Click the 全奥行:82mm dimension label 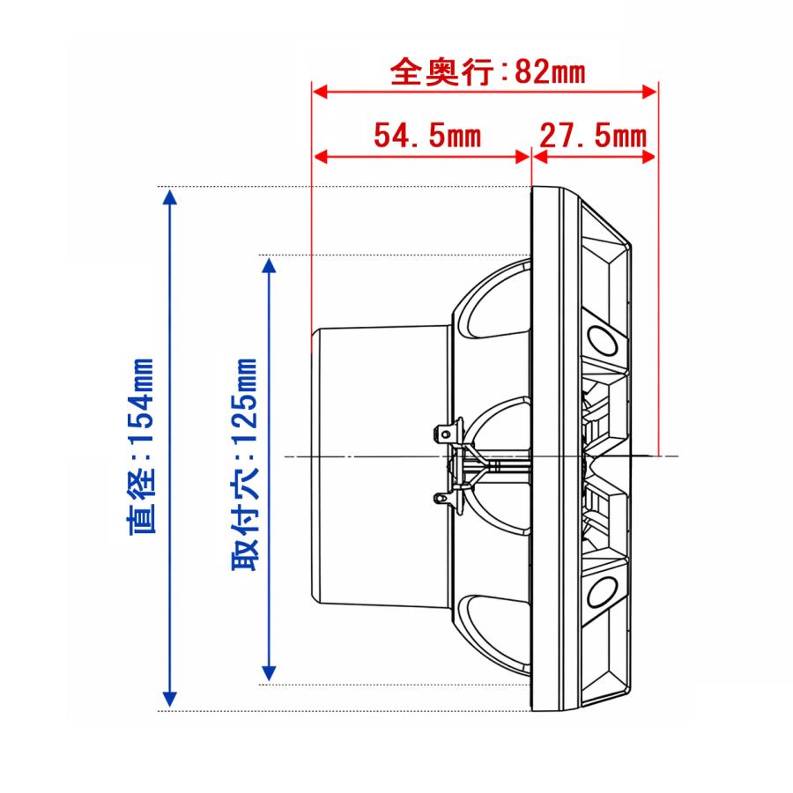pyautogui.click(x=487, y=72)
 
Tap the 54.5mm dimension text pyautogui.click(x=427, y=136)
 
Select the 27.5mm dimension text pyautogui.click(x=593, y=136)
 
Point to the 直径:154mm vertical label pyautogui.click(x=141, y=446)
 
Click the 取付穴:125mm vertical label pyautogui.click(x=245, y=464)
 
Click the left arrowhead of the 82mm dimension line pyautogui.click(x=320, y=92)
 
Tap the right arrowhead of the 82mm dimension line pyautogui.click(x=649, y=92)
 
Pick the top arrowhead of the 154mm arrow pyautogui.click(x=170, y=197)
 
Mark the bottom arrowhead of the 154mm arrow pyautogui.click(x=170, y=699)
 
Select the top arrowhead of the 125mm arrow pyautogui.click(x=269, y=265)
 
